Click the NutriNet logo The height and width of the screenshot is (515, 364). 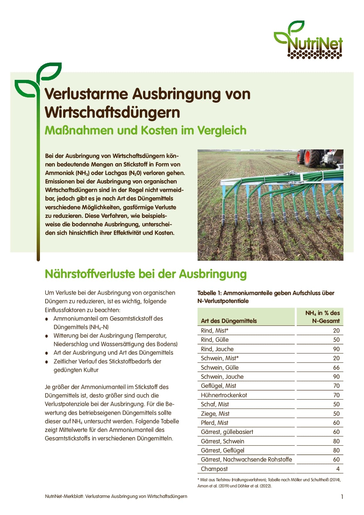tap(308, 41)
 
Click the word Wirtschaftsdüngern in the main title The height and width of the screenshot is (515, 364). tap(112, 113)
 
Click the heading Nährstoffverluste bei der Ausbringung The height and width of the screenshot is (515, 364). tap(146, 274)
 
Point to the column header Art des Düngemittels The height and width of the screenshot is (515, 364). tap(229, 321)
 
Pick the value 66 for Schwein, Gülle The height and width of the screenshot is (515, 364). tap(336, 368)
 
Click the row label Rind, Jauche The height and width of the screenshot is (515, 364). tap(217, 349)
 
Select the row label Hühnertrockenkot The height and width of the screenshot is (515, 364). tap(224, 395)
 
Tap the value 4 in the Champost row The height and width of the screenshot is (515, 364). tap(338, 469)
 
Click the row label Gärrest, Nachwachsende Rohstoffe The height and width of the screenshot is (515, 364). tap(246, 460)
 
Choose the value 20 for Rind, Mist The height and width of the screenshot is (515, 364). tap(336, 331)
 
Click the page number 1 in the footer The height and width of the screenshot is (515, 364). tap(342, 497)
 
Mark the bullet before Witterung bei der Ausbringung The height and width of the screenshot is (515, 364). tap(47, 336)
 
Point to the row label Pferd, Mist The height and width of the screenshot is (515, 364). tap(215, 423)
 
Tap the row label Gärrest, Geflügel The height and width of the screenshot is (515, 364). tap(223, 450)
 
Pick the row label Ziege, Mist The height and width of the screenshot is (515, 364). tap(215, 414)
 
